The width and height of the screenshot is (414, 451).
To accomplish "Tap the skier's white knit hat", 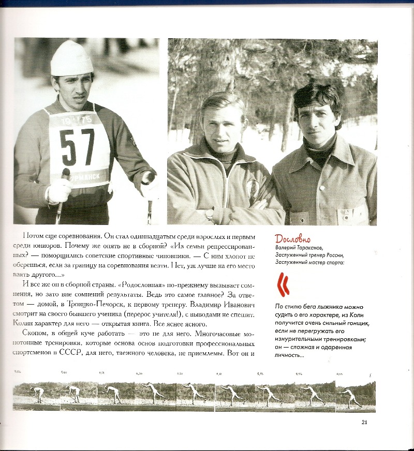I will (71, 58).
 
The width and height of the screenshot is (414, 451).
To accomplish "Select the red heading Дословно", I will (293, 239).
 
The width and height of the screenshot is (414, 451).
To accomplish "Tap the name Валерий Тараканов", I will (301, 248).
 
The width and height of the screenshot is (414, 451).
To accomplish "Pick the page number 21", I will (364, 422).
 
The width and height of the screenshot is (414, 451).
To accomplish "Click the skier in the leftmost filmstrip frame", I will (37, 394).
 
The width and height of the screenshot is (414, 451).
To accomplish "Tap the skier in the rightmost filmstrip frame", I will (353, 396).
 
